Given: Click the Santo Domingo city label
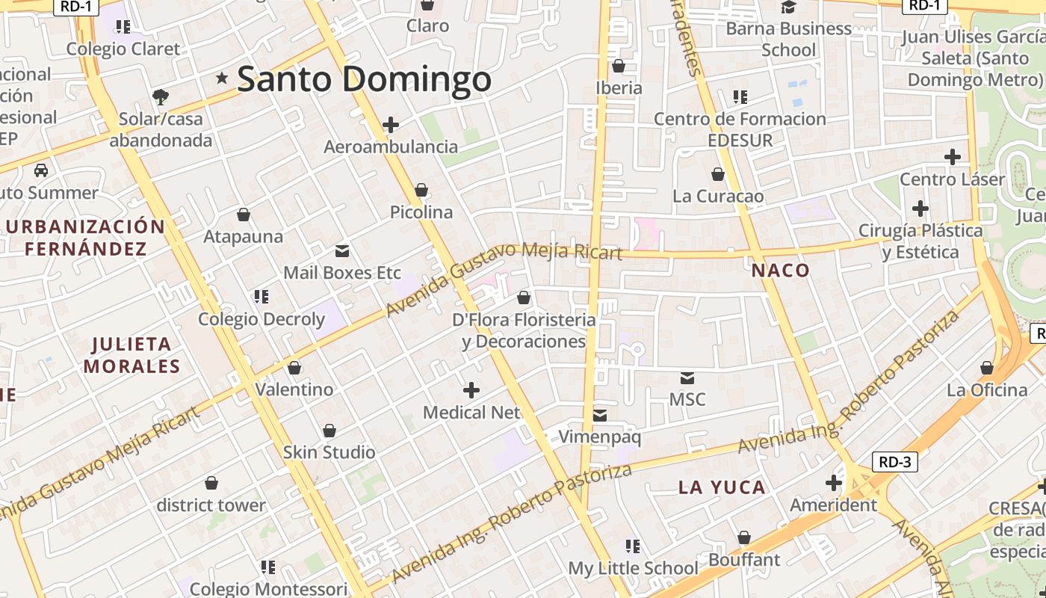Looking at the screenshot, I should [364, 79].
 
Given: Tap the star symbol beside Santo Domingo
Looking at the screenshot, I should [222, 78].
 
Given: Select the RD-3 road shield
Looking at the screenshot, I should [894, 462].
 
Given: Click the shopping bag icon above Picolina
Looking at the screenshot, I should [421, 191].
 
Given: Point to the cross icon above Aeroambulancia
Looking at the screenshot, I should [391, 125].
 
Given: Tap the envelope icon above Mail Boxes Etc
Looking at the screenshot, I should [342, 251].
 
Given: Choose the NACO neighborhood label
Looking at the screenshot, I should [781, 271].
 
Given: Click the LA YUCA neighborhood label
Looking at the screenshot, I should [722, 488].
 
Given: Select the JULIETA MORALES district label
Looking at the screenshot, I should [132, 355].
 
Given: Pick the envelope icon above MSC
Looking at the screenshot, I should [687, 378].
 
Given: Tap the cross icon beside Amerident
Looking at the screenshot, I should [834, 483].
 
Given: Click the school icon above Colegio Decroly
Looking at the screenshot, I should [261, 297].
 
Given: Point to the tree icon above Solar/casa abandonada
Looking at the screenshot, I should [160, 96].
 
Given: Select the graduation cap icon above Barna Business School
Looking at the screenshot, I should [789, 7].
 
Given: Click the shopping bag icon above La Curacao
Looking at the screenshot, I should [718, 175].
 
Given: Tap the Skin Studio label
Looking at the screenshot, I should [329, 452].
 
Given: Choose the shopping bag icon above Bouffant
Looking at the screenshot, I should [744, 538].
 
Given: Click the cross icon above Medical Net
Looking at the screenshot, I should [471, 390].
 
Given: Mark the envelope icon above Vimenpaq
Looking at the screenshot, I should [600, 416].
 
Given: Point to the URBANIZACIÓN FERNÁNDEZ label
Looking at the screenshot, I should [85, 238].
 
